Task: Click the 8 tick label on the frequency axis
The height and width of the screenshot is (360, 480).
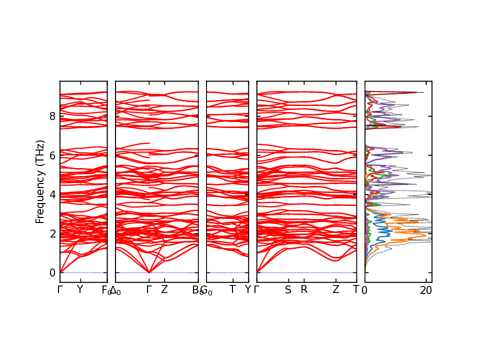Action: [x=52, y=116]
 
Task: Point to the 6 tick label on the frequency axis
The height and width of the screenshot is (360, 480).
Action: [x=52, y=155]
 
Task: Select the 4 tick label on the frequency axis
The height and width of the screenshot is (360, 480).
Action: [x=52, y=194]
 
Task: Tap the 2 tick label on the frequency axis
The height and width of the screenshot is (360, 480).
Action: [x=52, y=233]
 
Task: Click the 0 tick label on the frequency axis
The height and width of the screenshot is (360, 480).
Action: [x=52, y=272]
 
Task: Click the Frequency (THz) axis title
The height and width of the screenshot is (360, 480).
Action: [x=40, y=181]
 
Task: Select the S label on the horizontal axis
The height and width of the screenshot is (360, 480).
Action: [x=288, y=290]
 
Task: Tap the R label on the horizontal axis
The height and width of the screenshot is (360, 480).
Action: [x=304, y=290]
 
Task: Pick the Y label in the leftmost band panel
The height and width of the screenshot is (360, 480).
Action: [x=79, y=289]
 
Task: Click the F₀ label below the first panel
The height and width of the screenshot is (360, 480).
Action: [x=106, y=290]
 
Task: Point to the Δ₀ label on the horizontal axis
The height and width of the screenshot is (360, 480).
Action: [x=115, y=290]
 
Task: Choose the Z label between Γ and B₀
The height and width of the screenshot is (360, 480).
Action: [x=164, y=290]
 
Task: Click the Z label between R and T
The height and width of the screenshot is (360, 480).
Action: [x=336, y=290]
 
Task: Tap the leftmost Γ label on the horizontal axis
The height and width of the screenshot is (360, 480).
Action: [x=60, y=289]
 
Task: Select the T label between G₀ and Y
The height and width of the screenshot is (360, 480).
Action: [x=232, y=290]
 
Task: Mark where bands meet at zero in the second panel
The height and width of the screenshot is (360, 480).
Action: [x=149, y=272]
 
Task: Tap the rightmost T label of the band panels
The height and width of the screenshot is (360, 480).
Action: [x=356, y=290]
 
